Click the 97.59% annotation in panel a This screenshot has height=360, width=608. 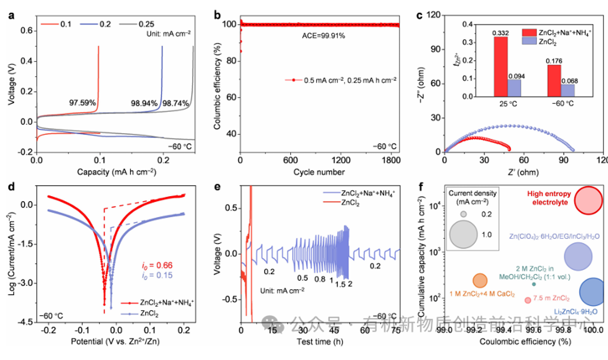(x=82, y=103)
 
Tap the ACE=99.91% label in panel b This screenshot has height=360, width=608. (x=319, y=35)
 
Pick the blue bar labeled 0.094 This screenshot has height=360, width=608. (x=515, y=87)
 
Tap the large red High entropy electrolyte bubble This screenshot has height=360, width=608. (x=588, y=200)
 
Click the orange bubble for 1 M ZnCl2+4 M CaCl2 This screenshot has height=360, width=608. (x=480, y=280)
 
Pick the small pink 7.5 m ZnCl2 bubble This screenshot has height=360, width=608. (x=528, y=300)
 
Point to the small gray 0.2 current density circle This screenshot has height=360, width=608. (x=463, y=214)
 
